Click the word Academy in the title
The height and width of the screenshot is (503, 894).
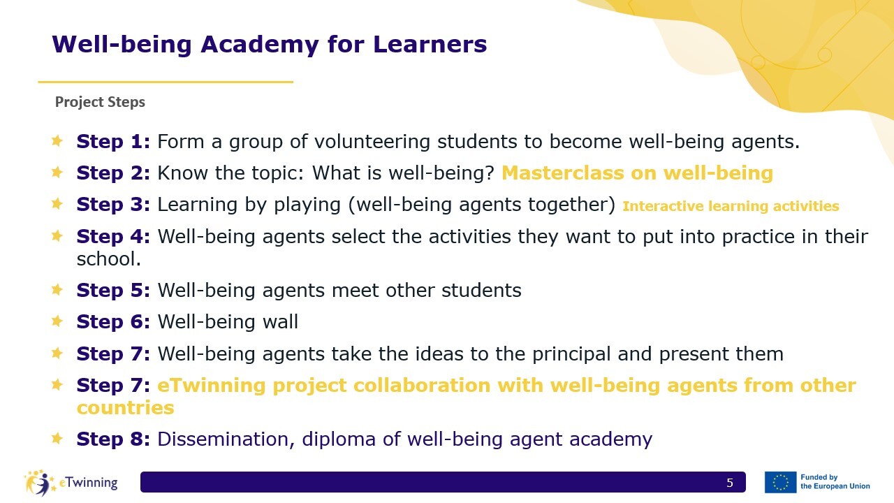259,44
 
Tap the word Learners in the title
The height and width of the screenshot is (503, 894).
430,44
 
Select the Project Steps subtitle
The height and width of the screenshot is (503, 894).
100,102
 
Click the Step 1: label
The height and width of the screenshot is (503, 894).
113,141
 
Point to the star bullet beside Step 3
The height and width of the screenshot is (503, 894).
57,203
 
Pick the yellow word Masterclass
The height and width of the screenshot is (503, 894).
563,173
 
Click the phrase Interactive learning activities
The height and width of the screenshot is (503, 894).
731,206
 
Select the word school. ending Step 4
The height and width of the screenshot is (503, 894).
109,258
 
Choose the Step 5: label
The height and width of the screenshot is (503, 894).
113,290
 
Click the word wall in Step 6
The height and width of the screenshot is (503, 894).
280,321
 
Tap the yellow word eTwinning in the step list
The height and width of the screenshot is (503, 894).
212,386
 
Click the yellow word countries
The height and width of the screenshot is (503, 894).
125,407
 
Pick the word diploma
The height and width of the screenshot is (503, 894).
339,439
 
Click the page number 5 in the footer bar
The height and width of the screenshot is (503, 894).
730,483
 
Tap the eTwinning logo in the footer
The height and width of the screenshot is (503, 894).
71,483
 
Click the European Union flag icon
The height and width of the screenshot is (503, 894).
780,482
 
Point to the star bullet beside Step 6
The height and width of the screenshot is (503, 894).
57,321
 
